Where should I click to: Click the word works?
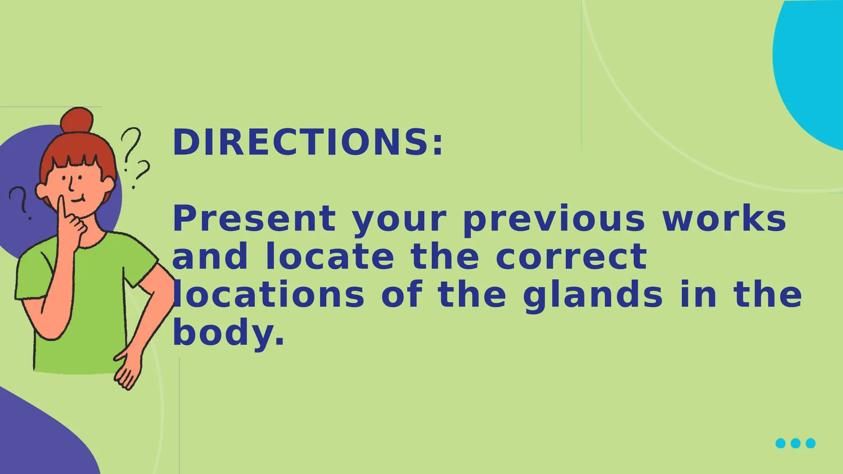(724, 219)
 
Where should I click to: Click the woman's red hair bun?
(77, 119)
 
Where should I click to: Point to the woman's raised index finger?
(62, 208)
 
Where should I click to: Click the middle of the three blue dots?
(796, 443)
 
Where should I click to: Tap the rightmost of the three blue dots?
(810, 443)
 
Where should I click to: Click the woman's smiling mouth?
(78, 200)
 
